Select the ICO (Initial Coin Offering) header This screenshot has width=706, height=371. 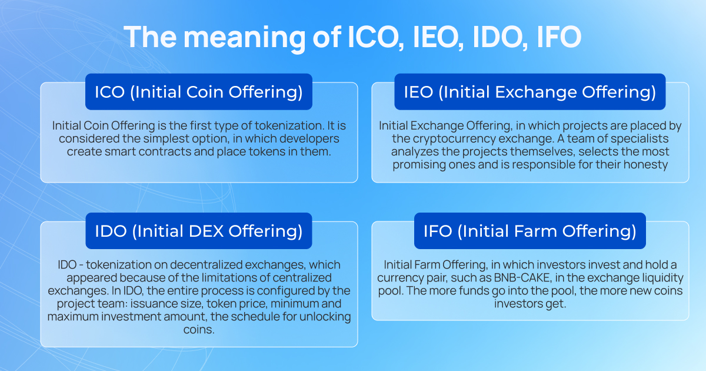pos(199,92)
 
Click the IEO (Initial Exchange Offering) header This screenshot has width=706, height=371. pos(529,92)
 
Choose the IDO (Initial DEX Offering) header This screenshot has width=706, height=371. pos(199,231)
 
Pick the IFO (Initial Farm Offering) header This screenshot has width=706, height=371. pos(529,231)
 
